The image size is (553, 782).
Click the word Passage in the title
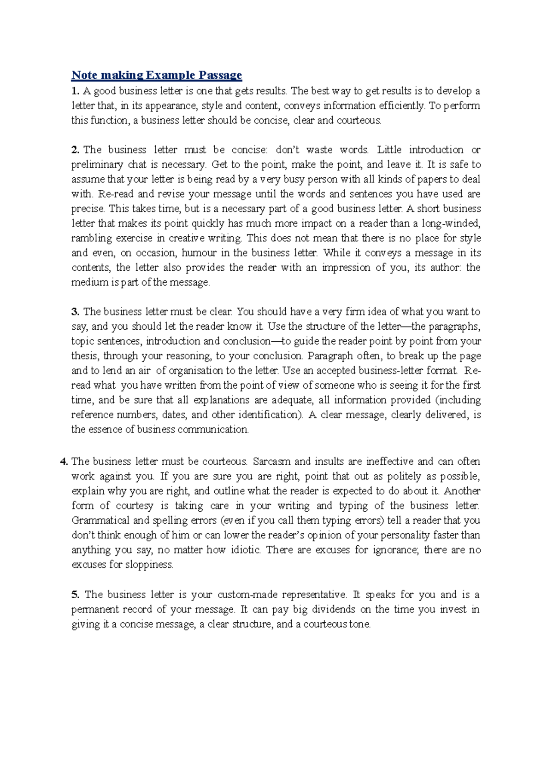tap(220, 75)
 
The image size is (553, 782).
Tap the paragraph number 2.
tap(75, 150)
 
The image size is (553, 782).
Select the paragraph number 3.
tap(75, 312)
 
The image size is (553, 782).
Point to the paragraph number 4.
tap(64, 462)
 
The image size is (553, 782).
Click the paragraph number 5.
tap(75, 595)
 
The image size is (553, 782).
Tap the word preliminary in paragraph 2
tap(98, 165)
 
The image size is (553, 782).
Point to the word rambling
tap(91, 239)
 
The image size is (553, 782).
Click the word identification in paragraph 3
tap(270, 415)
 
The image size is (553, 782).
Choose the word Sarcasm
tap(271, 462)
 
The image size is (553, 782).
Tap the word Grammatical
tap(100, 521)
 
